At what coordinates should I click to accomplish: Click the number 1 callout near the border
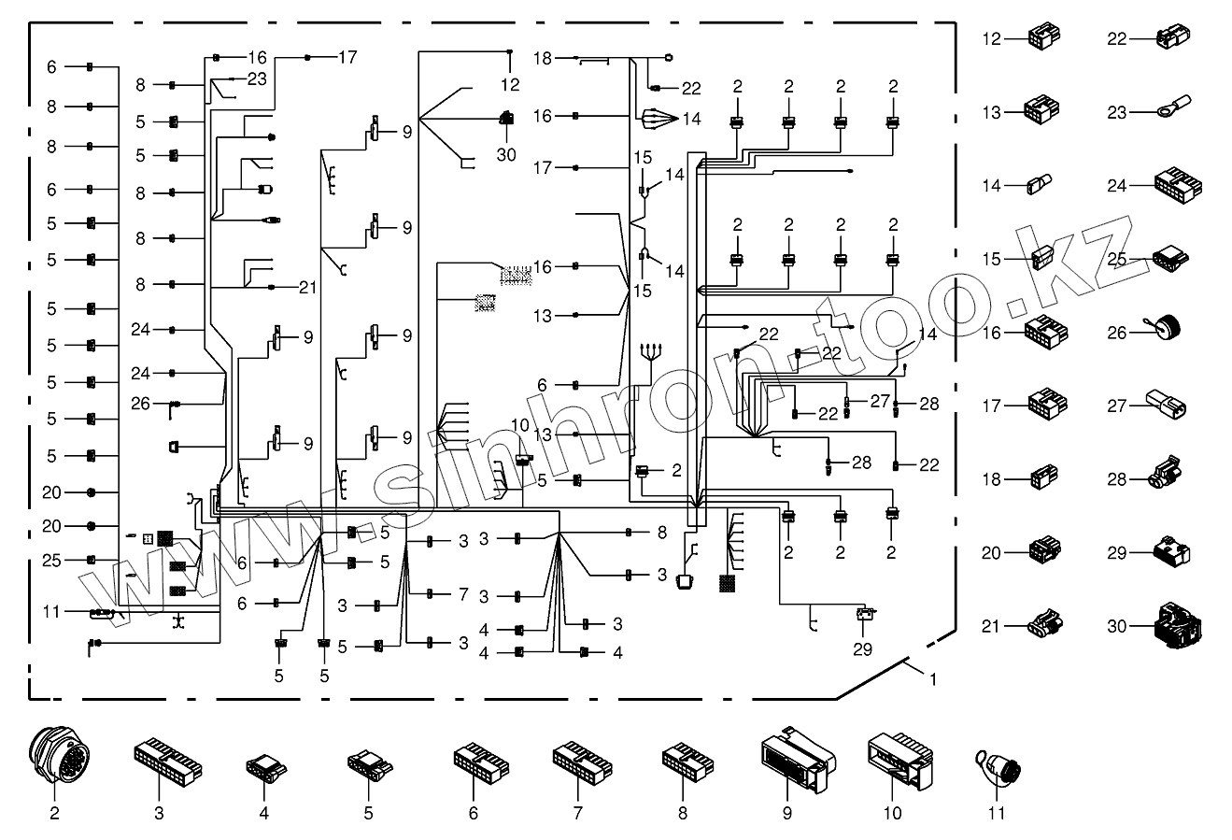[x=930, y=679]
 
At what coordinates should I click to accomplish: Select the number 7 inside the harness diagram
[x=461, y=594]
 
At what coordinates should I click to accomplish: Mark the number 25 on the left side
[x=51, y=561]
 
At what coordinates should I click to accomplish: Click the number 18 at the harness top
[x=543, y=59]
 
